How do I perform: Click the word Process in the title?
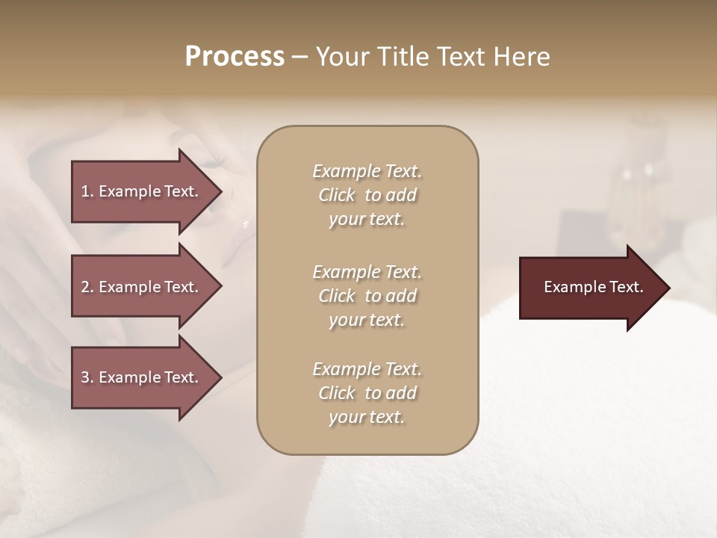(235, 57)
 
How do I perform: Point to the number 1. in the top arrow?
(87, 191)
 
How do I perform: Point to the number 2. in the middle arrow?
(87, 287)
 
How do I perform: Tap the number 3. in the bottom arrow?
(87, 377)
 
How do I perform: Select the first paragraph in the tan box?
(367, 195)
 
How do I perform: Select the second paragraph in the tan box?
(367, 295)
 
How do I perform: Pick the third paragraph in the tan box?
(367, 393)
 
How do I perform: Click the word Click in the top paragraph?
(337, 195)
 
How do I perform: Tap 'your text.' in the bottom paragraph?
(367, 418)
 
